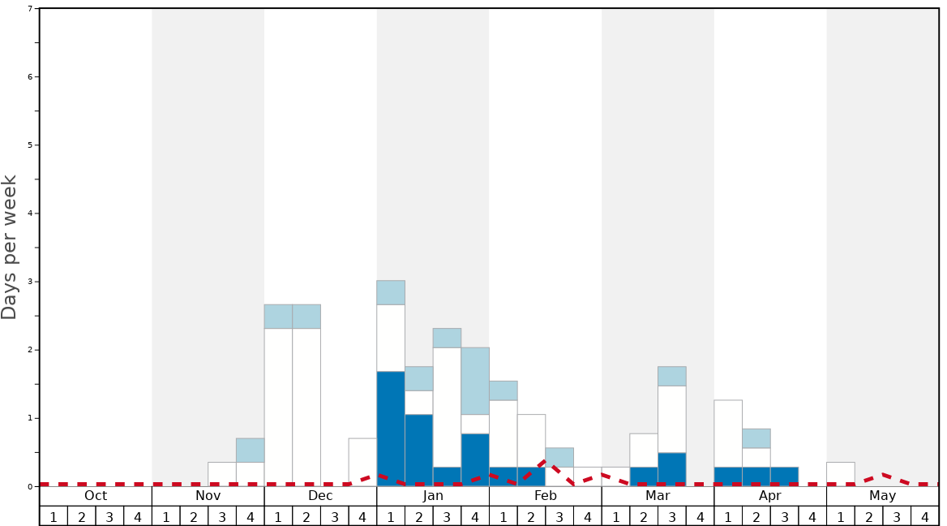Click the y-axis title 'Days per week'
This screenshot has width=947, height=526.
click(10, 247)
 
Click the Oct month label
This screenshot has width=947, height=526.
click(96, 496)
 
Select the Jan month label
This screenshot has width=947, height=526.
click(433, 496)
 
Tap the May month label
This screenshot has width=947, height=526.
click(883, 496)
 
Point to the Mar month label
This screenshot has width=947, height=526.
click(658, 496)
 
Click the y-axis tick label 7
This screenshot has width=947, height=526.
click(30, 9)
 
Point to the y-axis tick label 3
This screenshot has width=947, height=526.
click(30, 282)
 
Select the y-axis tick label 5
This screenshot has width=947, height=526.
click(30, 145)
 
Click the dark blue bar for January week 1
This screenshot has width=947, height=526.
click(391, 428)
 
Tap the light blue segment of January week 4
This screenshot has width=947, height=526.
click(475, 381)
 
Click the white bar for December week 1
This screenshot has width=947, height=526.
click(278, 406)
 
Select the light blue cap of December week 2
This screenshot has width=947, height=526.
click(306, 316)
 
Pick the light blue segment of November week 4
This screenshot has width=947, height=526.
click(250, 450)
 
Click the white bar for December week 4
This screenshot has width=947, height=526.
click(362, 462)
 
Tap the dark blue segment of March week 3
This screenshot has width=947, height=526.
click(672, 469)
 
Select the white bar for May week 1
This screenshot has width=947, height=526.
click(841, 474)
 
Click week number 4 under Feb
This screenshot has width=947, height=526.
click(588, 516)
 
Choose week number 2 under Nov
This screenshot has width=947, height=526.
click(194, 516)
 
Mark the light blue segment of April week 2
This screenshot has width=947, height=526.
click(756, 438)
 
